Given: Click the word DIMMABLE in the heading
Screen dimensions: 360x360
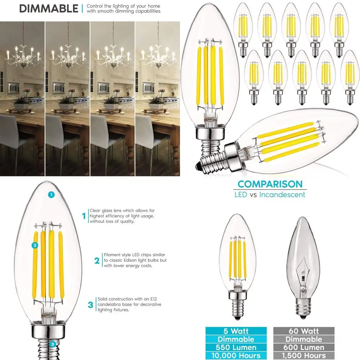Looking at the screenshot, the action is point(49,9).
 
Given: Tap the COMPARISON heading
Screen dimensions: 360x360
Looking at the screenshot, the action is point(270,184).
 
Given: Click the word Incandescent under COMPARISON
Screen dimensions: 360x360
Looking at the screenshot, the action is point(282,195).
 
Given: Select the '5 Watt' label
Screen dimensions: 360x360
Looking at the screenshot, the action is point(236,331).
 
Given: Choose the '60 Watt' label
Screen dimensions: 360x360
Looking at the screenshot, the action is point(304,331).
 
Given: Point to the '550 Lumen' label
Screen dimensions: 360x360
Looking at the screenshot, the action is point(236,347).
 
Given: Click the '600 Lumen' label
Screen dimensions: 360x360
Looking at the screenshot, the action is point(304,347).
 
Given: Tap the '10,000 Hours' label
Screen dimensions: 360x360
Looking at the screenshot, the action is point(236,356).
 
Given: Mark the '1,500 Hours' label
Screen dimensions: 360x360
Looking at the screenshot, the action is point(304,356).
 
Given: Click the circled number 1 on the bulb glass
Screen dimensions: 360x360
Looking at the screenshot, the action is point(51,195).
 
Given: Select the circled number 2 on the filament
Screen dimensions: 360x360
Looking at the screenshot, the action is point(35,246).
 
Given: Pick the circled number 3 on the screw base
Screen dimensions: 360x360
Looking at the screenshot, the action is point(53,344).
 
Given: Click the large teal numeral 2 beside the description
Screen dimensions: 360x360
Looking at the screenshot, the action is point(97,261).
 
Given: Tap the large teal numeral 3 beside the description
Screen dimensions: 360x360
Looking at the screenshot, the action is point(90,305).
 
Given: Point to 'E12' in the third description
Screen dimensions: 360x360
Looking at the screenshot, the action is point(154,299).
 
